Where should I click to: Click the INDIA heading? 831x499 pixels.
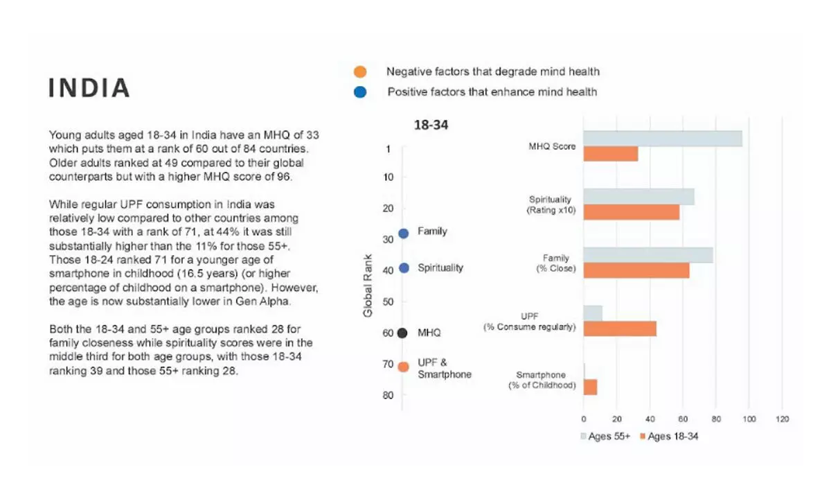point(89,88)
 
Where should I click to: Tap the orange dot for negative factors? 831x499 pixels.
point(359,71)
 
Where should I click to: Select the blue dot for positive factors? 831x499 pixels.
point(359,91)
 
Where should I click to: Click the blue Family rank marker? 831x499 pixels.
point(403,234)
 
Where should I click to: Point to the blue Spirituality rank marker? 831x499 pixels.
point(403,268)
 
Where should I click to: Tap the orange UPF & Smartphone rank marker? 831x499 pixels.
point(403,367)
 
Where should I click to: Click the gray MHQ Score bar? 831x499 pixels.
point(662,139)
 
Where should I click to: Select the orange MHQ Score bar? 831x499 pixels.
point(610,154)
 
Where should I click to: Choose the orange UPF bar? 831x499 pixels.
point(619,329)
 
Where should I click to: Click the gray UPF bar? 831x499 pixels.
point(593,313)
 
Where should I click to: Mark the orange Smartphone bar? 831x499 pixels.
point(590,387)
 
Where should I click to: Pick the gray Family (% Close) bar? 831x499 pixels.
point(647,255)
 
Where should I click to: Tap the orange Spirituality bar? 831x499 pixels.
point(631,212)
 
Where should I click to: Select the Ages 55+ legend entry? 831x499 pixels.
point(605,437)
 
